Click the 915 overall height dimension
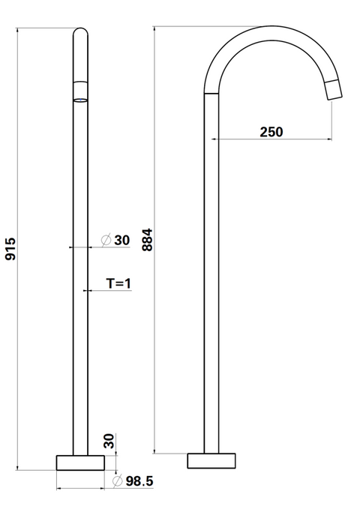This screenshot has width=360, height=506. click(10, 249)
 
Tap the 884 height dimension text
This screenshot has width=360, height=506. click(147, 240)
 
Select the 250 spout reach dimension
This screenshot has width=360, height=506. click(271, 132)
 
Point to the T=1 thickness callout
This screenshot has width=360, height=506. click(118, 283)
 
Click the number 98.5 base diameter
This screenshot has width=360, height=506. click(139, 481)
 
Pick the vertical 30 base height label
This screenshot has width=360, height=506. click(109, 441)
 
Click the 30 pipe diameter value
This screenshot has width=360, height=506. click(122, 240)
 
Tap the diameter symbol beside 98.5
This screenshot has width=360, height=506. click(118, 481)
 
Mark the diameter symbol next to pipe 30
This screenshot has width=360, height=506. click(106, 240)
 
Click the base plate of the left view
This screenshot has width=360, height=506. click(80, 463)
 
